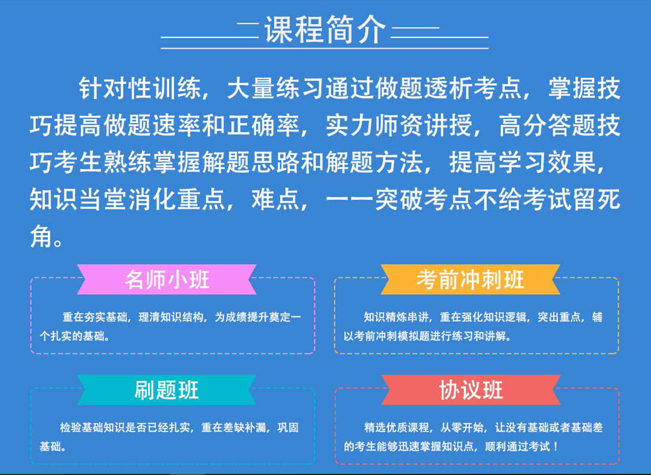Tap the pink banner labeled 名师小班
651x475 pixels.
[x=167, y=279]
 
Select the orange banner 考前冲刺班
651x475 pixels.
[x=471, y=279]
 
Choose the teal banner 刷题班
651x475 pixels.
[x=167, y=390]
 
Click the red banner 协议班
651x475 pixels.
[x=471, y=390]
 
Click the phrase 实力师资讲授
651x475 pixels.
[x=399, y=125]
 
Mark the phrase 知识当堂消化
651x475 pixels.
[x=103, y=199]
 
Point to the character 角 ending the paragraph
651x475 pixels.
[x=41, y=236]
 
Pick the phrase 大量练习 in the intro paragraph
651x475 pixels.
[x=276, y=88]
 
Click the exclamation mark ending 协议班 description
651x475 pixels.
[x=556, y=447]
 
